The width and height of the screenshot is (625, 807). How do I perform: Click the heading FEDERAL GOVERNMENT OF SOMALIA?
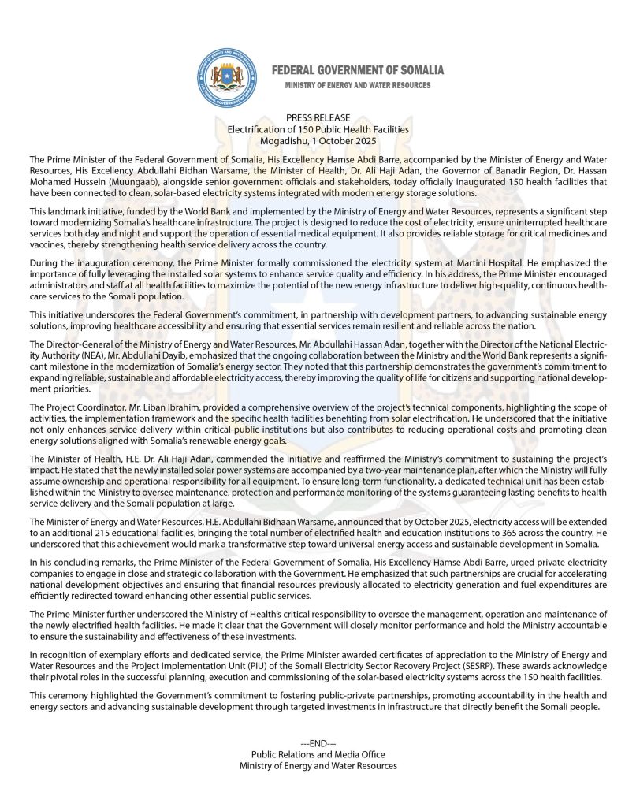point(358,70)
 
